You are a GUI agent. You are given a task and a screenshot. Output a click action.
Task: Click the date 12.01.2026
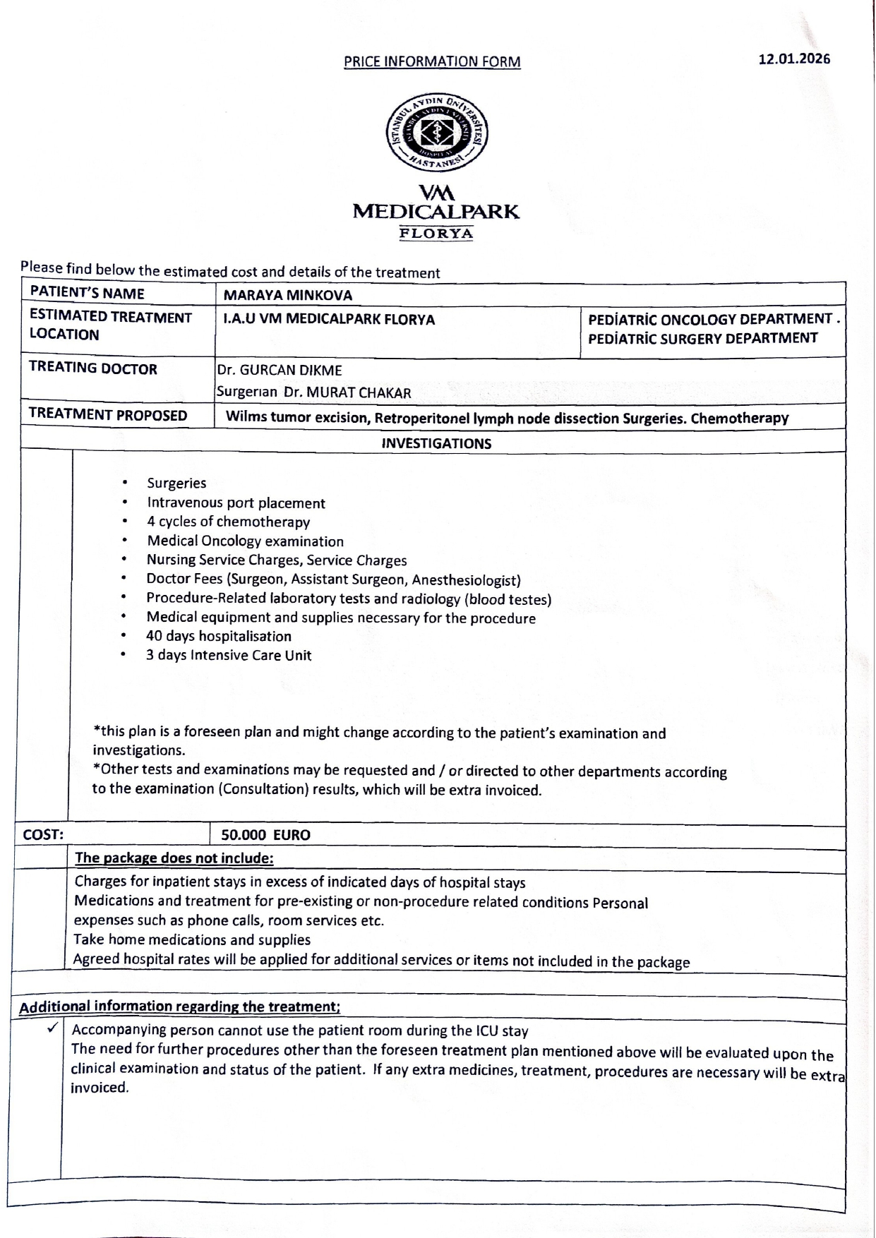(x=794, y=59)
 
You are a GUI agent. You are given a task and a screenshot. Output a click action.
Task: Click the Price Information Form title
(x=432, y=61)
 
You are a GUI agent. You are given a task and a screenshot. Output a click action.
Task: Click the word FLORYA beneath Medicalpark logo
(x=436, y=234)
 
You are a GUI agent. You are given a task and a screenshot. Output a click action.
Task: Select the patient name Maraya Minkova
(x=288, y=295)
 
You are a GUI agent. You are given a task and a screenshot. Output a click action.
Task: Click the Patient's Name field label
(x=88, y=294)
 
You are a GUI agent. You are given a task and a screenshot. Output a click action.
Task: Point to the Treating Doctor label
(x=93, y=368)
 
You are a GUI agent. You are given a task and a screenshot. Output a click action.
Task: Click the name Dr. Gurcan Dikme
(x=280, y=370)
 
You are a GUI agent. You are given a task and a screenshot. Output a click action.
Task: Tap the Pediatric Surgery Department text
(x=702, y=338)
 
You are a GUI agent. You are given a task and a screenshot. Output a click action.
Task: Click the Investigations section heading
(x=436, y=443)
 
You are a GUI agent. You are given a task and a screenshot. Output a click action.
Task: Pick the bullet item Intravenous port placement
(x=236, y=503)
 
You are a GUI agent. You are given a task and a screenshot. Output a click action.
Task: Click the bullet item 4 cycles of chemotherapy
(x=228, y=522)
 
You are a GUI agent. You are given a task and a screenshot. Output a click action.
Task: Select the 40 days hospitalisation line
(x=218, y=636)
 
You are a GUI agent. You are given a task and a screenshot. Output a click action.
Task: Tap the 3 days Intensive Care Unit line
(x=228, y=655)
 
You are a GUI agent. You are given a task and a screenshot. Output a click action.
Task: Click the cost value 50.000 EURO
(x=265, y=835)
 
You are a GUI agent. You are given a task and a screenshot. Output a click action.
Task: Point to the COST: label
(x=44, y=834)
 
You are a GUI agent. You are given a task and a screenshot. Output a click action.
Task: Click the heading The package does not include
(x=174, y=858)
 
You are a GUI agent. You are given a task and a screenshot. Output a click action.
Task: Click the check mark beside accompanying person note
(x=52, y=1028)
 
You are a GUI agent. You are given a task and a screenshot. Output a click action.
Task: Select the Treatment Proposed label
(x=108, y=415)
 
